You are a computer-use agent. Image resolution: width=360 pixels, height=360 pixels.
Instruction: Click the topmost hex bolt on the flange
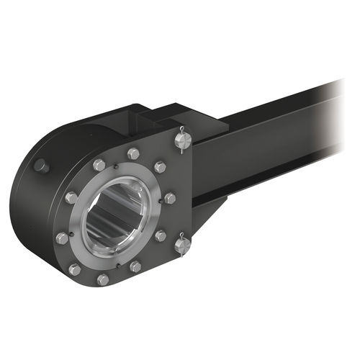[133, 153]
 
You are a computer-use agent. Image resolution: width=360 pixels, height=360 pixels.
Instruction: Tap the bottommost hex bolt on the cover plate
[103, 279]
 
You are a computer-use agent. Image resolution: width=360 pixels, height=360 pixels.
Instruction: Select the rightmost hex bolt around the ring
[170, 197]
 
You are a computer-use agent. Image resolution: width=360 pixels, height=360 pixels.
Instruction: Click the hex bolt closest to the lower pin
[161, 235]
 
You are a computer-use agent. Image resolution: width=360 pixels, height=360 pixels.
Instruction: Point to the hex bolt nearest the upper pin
[160, 166]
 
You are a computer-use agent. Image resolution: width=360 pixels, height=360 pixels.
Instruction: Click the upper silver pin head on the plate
[182, 142]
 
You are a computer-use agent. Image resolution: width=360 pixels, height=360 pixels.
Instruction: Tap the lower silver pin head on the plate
[183, 246]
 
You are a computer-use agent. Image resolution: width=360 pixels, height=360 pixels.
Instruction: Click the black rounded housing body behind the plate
[36, 209]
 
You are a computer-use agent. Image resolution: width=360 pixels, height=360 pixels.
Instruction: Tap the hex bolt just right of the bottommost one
[135, 266]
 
